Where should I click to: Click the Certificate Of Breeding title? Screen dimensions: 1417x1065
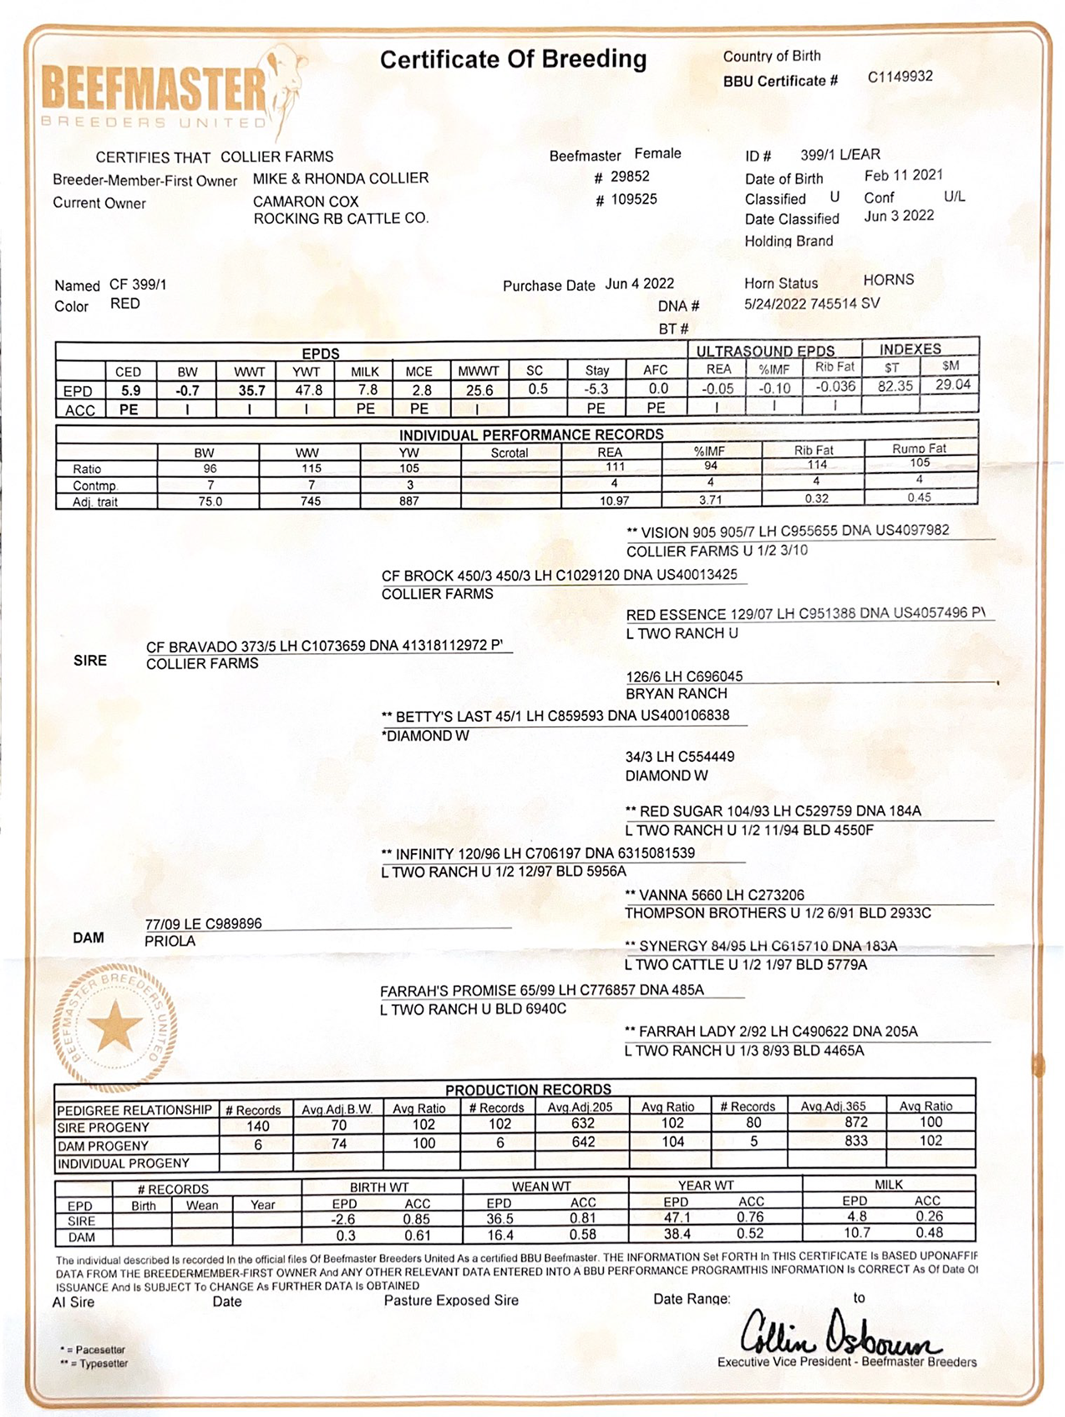[x=513, y=60]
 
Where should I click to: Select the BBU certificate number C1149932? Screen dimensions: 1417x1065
[x=900, y=77]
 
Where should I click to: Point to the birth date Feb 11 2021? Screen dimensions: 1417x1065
[x=903, y=175]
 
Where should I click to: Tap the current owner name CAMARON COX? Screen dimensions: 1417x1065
[x=306, y=201]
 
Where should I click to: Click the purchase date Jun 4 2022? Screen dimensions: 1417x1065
[x=639, y=284]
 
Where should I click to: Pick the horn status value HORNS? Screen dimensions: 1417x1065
[x=888, y=280]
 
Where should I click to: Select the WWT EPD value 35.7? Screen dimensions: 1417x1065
[x=251, y=390]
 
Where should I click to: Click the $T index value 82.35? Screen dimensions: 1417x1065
[x=895, y=386]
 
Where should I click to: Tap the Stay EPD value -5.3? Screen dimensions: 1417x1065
[x=596, y=389]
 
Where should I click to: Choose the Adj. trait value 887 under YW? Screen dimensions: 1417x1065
[x=408, y=501]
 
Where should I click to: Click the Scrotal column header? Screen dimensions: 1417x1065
[x=509, y=453]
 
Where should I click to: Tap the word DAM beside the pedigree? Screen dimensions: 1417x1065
[x=89, y=937]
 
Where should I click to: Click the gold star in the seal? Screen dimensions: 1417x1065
[x=115, y=1027]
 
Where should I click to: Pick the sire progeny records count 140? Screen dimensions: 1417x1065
[x=257, y=1126]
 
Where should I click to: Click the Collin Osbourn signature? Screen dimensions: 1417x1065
[x=839, y=1333]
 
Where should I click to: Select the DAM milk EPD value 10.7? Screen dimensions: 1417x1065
[x=856, y=1233]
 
